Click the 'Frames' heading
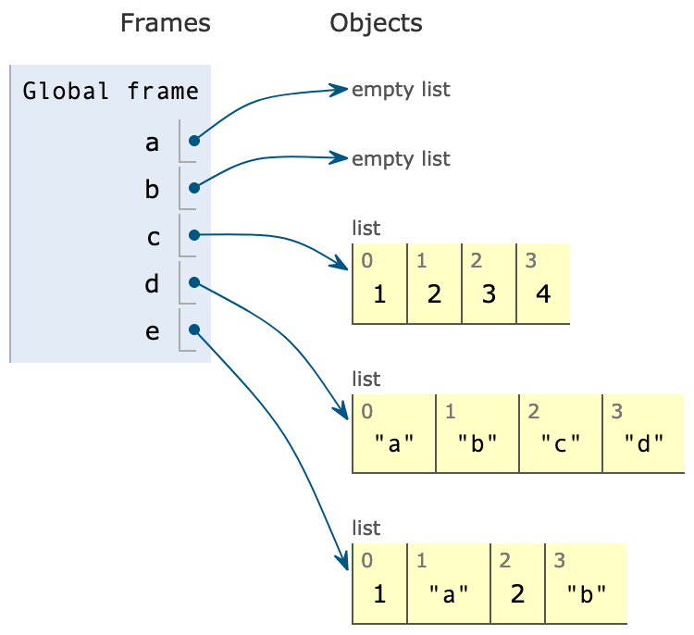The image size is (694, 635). pyautogui.click(x=165, y=23)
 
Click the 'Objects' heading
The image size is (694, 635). pyautogui.click(x=376, y=23)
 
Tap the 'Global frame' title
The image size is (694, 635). pyautogui.click(x=110, y=91)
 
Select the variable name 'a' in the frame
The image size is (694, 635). pyautogui.click(x=153, y=143)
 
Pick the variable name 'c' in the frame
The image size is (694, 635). pyautogui.click(x=153, y=237)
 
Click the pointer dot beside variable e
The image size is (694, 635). pyautogui.click(x=194, y=330)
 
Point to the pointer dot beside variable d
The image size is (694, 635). pyautogui.click(x=194, y=282)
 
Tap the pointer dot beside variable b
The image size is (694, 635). pyautogui.click(x=194, y=188)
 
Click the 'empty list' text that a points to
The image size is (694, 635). pyautogui.click(x=401, y=90)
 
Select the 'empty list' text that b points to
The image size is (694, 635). pyautogui.click(x=401, y=158)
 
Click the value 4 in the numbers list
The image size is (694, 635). pyautogui.click(x=542, y=295)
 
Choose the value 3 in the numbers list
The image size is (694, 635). pyautogui.click(x=489, y=295)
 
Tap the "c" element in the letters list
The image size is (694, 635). pyautogui.click(x=561, y=443)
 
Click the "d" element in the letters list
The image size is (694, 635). pyautogui.click(x=644, y=443)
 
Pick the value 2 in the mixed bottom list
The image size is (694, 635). pyautogui.click(x=517, y=593)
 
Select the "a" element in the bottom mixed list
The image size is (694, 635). pyautogui.click(x=448, y=593)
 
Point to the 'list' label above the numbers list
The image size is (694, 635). pyautogui.click(x=366, y=228)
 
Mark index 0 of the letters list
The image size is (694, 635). pyautogui.click(x=367, y=409)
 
